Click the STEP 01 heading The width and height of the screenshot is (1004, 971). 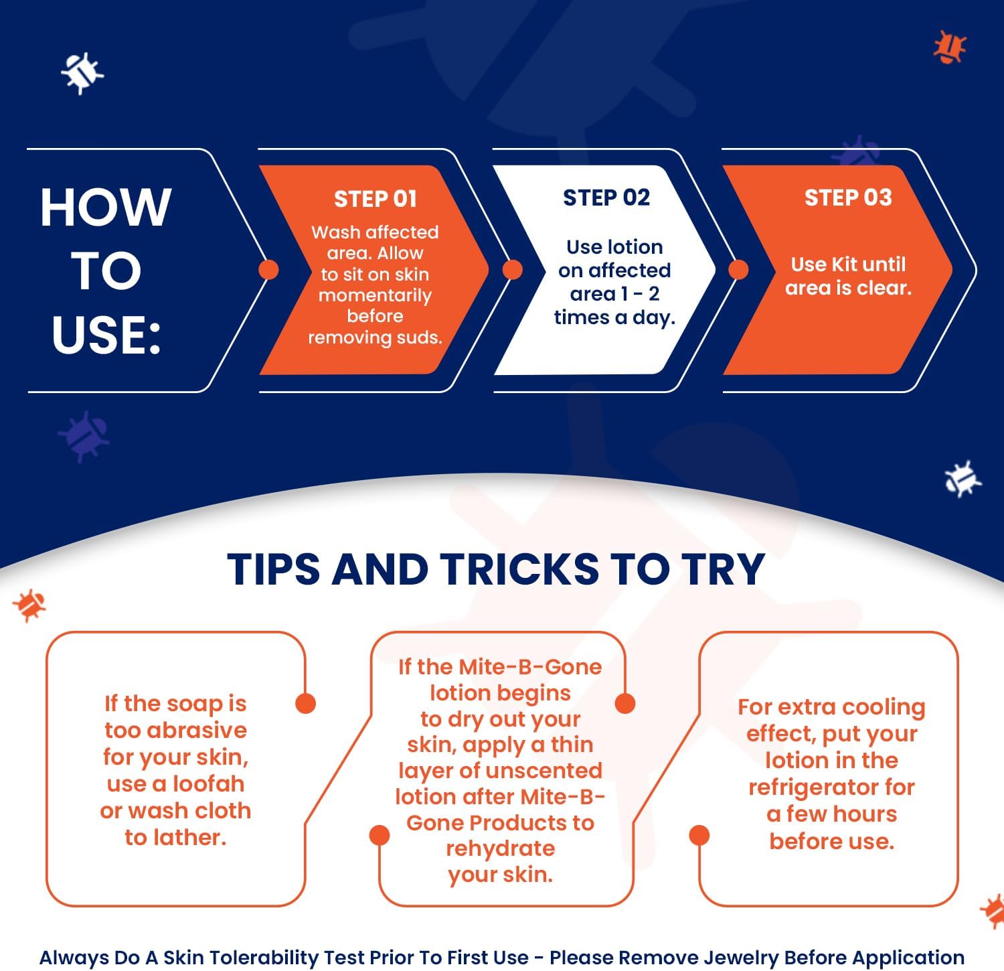[375, 199]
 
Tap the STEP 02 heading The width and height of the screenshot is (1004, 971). [606, 198]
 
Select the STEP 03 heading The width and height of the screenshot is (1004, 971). [848, 198]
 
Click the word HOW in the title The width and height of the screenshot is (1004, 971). [106, 207]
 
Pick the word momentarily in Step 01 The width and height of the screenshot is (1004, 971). [375, 295]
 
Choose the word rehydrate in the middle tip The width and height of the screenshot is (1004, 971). [501, 848]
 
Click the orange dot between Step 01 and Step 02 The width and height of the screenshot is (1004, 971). [512, 269]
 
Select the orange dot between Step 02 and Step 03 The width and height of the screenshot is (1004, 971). [738, 269]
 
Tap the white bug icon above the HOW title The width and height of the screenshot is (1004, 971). [82, 72]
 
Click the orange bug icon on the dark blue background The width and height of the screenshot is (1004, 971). [949, 47]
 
